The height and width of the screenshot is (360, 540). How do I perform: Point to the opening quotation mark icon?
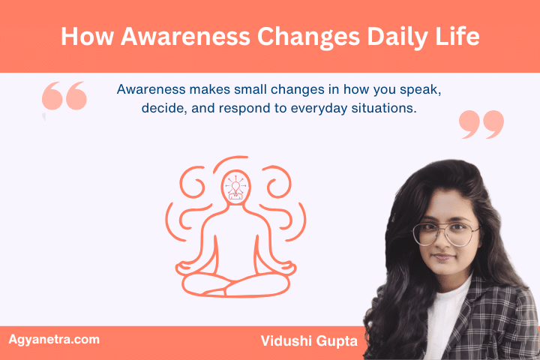click(x=64, y=98)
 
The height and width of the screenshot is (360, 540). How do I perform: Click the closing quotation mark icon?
click(x=481, y=124)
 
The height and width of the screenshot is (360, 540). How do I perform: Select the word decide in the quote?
click(x=160, y=108)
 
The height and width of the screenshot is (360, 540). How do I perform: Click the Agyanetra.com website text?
click(x=53, y=339)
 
